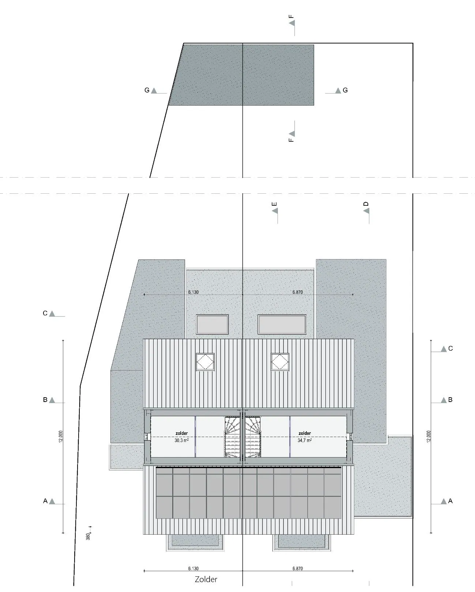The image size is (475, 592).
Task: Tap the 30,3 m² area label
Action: pyautogui.click(x=181, y=440)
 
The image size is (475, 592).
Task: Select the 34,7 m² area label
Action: pyautogui.click(x=305, y=440)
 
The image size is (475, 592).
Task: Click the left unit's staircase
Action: pyautogui.click(x=233, y=437)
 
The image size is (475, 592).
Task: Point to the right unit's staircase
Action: pyautogui.click(x=253, y=437)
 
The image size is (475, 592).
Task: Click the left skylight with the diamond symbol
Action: pyautogui.click(x=205, y=362)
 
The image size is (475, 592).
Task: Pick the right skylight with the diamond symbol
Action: pyautogui.click(x=280, y=362)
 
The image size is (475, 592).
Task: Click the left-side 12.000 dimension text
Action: pyautogui.click(x=61, y=436)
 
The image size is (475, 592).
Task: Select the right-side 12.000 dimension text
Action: pyautogui.click(x=429, y=436)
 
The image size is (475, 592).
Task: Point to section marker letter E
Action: pyautogui.click(x=274, y=204)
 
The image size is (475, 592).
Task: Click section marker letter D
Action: pyautogui.click(x=366, y=204)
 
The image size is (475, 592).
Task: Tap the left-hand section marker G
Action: pyautogui.click(x=147, y=90)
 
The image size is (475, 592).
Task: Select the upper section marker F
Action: pyautogui.click(x=291, y=16)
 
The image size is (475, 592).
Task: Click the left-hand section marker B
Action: pyautogui.click(x=45, y=400)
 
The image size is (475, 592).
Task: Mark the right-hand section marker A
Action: pyautogui.click(x=450, y=501)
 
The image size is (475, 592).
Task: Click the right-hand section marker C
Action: pyautogui.click(x=451, y=349)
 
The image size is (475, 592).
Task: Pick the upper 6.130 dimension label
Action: pyautogui.click(x=193, y=292)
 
